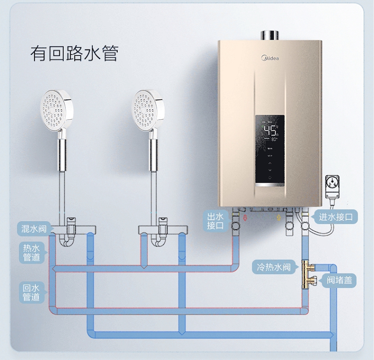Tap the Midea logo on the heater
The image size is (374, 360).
coord(270,58)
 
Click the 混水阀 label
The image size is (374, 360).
coord(33,229)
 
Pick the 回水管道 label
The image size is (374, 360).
coord(31,293)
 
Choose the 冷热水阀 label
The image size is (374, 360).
coord(274,267)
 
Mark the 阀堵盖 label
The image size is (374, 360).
coord(340,280)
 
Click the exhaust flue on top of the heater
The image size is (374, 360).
coord(270,34)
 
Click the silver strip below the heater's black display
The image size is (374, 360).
coord(270,186)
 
